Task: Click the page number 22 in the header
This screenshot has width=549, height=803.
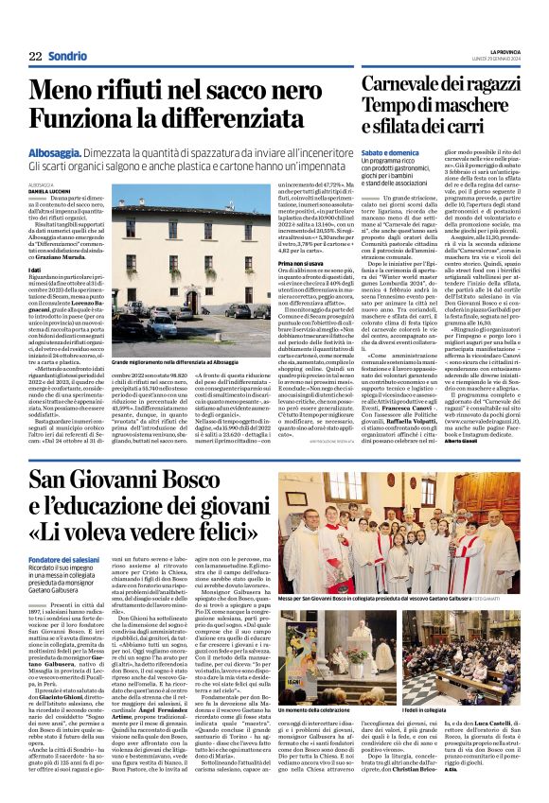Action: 36,56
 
